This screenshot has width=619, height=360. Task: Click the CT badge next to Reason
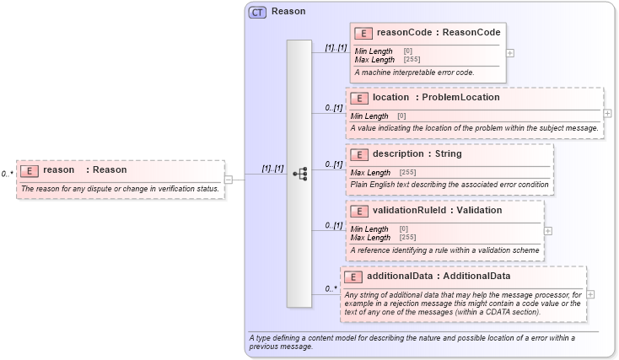click(x=257, y=12)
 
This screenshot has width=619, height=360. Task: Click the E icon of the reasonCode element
click(x=363, y=34)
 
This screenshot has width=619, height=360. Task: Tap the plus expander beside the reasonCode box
click(x=510, y=52)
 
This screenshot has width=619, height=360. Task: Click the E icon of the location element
click(x=358, y=98)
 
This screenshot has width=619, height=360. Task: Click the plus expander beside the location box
click(x=608, y=113)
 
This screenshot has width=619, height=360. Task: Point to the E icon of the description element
click(x=358, y=154)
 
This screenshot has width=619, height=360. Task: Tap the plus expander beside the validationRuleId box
click(x=548, y=229)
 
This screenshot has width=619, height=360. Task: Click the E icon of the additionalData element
click(x=354, y=276)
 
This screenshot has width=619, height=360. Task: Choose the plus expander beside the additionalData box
click(x=590, y=294)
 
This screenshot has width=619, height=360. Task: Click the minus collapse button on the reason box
click(x=229, y=179)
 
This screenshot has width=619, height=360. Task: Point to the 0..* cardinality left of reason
click(x=8, y=174)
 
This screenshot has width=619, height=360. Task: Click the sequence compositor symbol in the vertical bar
click(x=299, y=174)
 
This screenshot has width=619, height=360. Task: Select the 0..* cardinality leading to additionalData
click(x=331, y=288)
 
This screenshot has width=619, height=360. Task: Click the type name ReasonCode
click(x=473, y=33)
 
